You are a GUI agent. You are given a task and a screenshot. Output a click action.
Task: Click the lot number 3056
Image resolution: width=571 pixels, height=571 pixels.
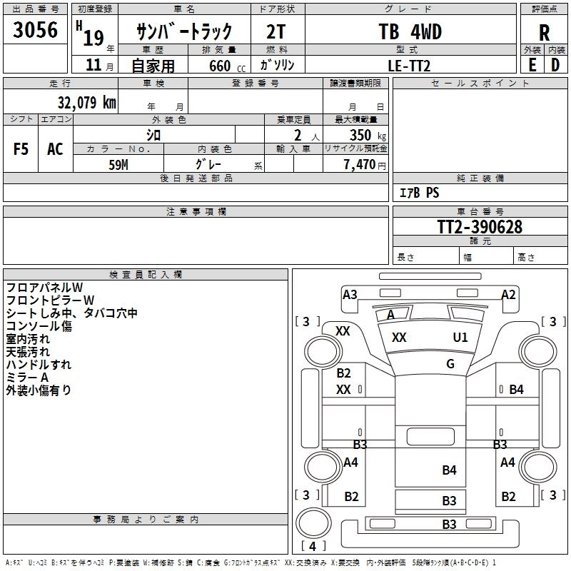click(x=36, y=31)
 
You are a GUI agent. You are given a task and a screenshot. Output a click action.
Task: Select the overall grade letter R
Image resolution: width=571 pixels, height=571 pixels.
click(x=544, y=32)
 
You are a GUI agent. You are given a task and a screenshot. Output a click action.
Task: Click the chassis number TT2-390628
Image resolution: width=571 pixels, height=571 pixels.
click(x=480, y=227)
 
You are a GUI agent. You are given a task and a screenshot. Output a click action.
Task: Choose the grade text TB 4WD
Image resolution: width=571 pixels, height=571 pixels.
click(x=410, y=32)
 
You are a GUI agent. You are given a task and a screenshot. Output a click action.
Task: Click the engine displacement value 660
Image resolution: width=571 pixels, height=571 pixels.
click(x=219, y=65)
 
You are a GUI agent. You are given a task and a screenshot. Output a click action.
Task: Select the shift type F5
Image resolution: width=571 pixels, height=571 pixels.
click(x=21, y=149)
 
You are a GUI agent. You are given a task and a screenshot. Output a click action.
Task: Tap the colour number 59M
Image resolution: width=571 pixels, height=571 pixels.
click(x=118, y=163)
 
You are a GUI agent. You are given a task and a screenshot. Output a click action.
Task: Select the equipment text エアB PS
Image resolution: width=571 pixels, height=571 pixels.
click(x=419, y=193)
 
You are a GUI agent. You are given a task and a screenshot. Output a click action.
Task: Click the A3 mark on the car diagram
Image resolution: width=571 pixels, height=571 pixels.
click(x=350, y=294)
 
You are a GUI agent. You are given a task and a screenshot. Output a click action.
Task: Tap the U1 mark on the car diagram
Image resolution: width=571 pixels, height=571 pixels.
click(x=460, y=337)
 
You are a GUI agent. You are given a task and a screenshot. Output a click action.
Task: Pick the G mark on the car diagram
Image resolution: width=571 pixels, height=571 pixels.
click(x=450, y=364)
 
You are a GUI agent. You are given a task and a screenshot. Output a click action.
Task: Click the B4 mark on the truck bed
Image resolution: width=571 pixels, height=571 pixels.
click(x=449, y=470)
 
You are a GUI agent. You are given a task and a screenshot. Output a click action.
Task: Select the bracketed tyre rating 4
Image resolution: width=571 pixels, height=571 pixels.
click(x=312, y=547)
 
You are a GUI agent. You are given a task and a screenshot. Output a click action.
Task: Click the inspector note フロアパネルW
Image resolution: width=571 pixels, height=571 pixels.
click(x=44, y=288)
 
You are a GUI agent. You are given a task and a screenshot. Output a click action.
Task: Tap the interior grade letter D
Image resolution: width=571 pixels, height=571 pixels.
click(x=555, y=64)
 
